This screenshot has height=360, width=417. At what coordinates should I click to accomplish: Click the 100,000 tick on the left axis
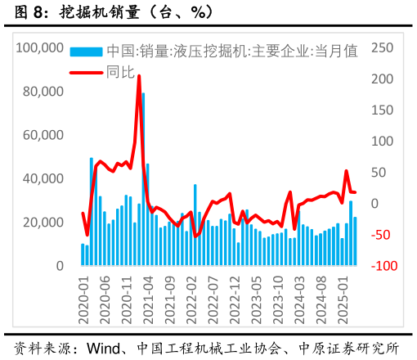pos(40,48)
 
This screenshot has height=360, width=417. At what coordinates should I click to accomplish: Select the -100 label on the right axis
pos(383,267)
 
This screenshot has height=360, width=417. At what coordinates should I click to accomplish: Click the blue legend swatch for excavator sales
pos(87,52)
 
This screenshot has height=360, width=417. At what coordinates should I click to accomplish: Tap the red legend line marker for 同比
pos(87,72)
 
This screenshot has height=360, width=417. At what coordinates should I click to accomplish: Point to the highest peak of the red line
pos(139,77)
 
